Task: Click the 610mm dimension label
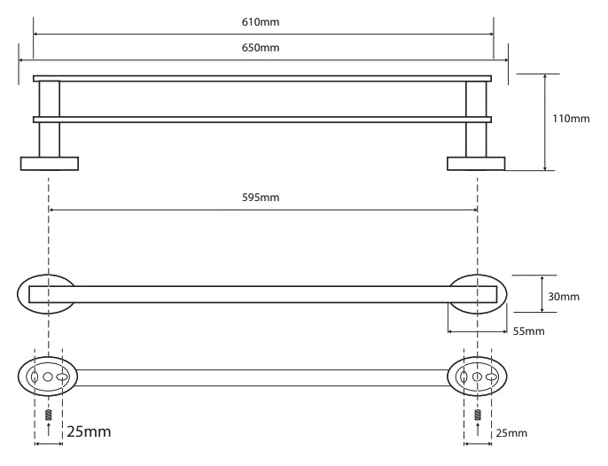coord(261,22)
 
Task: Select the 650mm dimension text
coord(261,48)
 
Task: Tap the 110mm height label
coord(571,118)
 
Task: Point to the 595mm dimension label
coord(261,198)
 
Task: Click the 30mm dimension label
coord(564,297)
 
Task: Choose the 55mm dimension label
coord(528,331)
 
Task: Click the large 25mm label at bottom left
coord(89,431)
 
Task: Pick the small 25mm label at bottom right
coord(511,433)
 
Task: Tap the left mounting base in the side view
coord(50,164)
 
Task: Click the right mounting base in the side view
coord(476,164)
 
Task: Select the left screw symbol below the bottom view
coord(49,415)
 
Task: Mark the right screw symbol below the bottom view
coord(478,415)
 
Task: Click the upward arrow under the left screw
coord(49,430)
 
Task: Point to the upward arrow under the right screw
coord(478,430)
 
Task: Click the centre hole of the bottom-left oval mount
coord(48,377)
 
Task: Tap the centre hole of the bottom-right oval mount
coord(478,377)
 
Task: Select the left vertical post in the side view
coord(50,119)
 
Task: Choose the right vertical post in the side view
coord(476,119)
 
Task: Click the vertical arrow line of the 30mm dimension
coord(542,293)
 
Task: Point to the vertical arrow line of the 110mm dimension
coord(545,122)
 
